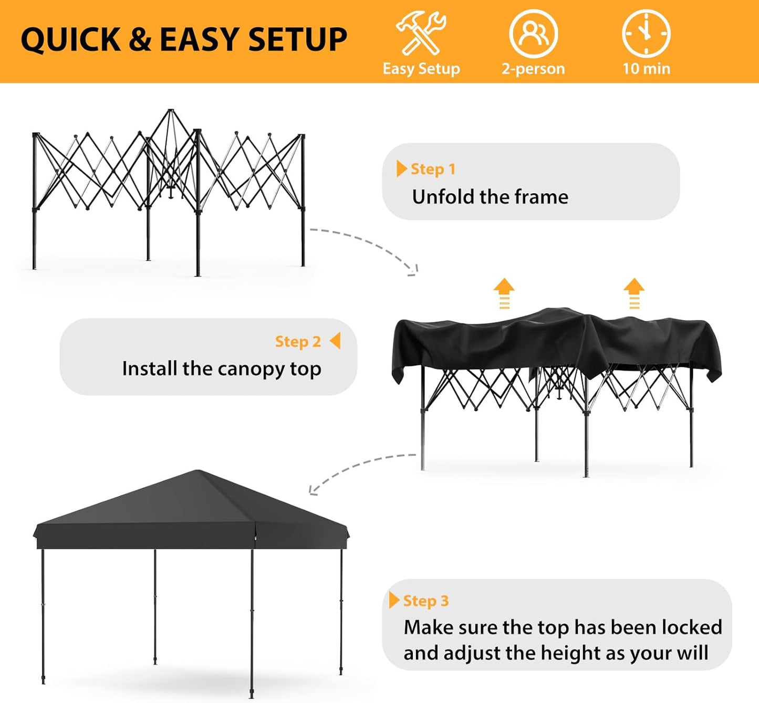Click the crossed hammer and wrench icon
point(421,33)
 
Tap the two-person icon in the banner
point(533,33)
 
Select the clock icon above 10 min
point(646,33)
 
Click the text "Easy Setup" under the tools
point(421,69)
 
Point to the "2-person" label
point(533,69)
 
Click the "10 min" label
point(646,69)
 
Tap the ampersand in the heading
point(140,40)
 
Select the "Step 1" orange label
point(433,169)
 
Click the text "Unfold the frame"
point(490,197)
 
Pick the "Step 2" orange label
point(298,341)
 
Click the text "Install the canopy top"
point(221,369)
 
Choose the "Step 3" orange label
point(425,601)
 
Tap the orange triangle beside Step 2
point(335,341)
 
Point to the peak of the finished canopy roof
point(197,471)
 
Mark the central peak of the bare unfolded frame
point(171,111)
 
